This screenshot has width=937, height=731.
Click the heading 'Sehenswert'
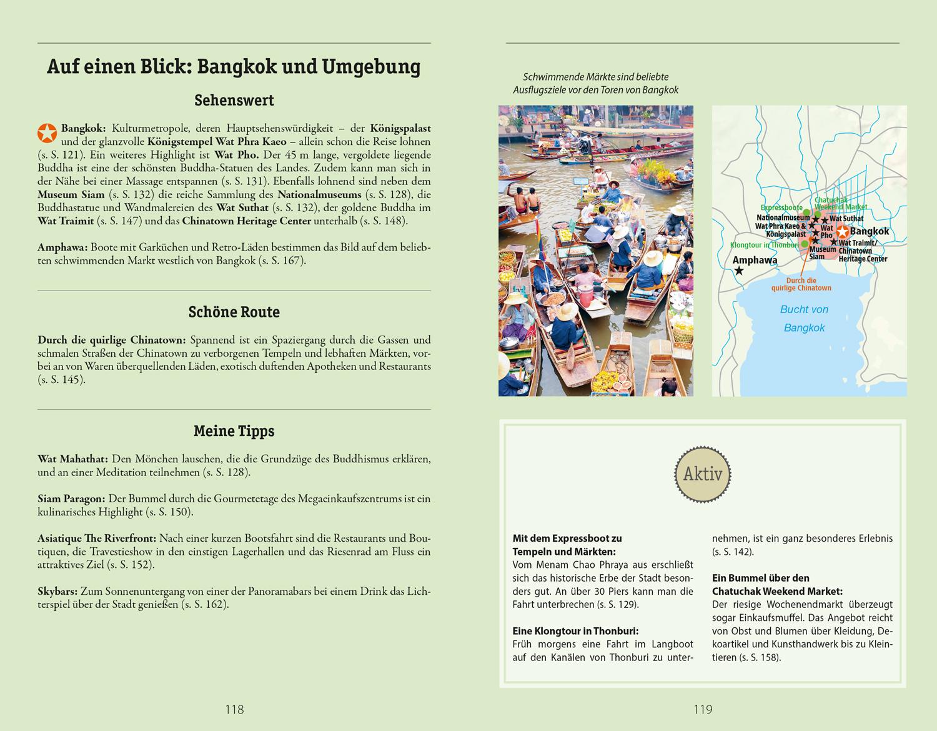click(x=234, y=101)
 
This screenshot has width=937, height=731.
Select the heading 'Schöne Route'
click(x=234, y=312)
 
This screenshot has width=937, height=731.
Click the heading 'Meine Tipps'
click(x=234, y=431)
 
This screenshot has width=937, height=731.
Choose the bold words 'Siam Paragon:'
click(x=72, y=499)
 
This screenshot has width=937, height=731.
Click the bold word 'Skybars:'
click(x=57, y=591)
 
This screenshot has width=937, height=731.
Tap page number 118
click(x=234, y=709)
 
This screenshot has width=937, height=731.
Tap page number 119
click(x=702, y=709)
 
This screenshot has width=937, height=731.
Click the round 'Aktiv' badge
click(x=703, y=474)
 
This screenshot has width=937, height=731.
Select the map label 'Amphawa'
click(x=755, y=260)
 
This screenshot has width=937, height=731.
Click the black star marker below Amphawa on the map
click(x=740, y=271)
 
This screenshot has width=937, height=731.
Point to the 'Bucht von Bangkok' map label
click(x=804, y=319)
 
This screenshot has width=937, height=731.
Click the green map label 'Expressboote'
click(x=781, y=207)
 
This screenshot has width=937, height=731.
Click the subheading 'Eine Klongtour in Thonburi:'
click(x=575, y=631)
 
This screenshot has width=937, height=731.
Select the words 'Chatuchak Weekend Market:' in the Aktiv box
click(x=777, y=591)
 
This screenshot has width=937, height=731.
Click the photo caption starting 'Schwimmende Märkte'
click(x=595, y=83)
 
